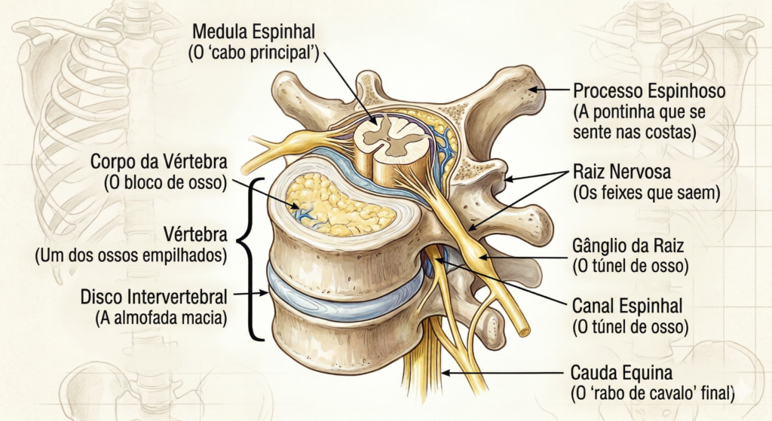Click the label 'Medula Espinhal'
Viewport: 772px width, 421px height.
click(253, 32)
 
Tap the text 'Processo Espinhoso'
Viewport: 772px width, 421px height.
click(649, 91)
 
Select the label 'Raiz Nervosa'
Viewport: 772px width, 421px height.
click(622, 172)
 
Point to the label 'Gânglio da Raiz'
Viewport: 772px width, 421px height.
click(628, 245)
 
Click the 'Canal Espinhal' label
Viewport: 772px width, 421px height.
click(627, 306)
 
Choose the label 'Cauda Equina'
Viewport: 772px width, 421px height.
click(621, 372)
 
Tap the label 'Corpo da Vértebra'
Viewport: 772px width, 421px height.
click(159, 161)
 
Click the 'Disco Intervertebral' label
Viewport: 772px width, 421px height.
click(154, 297)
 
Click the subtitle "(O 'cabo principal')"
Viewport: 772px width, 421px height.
click(254, 53)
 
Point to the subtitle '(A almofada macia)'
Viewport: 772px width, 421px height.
click(161, 318)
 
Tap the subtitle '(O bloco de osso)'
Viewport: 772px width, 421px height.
click(165, 183)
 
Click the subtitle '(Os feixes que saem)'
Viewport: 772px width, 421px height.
click(646, 193)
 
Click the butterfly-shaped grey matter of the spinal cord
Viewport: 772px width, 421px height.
click(390, 137)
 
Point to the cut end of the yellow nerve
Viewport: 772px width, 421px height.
click(523, 331)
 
